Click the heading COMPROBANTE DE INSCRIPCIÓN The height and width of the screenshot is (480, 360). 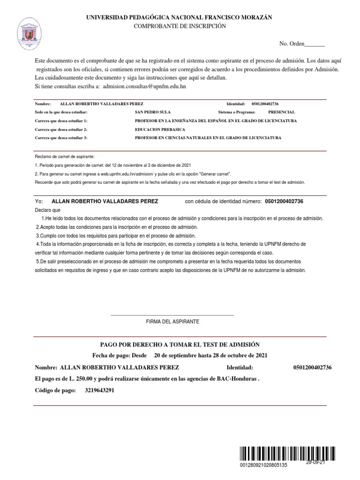(180, 27)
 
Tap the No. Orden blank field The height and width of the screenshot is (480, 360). (315, 45)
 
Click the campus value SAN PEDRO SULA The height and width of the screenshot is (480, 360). (153, 112)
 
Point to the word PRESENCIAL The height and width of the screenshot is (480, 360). (281, 112)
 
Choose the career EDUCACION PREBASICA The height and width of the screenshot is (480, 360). (160, 129)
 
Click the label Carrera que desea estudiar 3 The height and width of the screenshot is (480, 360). (61, 138)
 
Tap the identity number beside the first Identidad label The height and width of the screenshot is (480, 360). (268, 104)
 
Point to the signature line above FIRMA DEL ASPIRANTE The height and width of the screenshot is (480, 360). (172, 314)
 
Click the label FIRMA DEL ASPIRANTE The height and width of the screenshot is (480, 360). (172, 322)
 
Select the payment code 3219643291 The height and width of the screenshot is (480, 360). (99, 390)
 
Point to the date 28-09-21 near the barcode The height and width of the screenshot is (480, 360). (315, 462)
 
